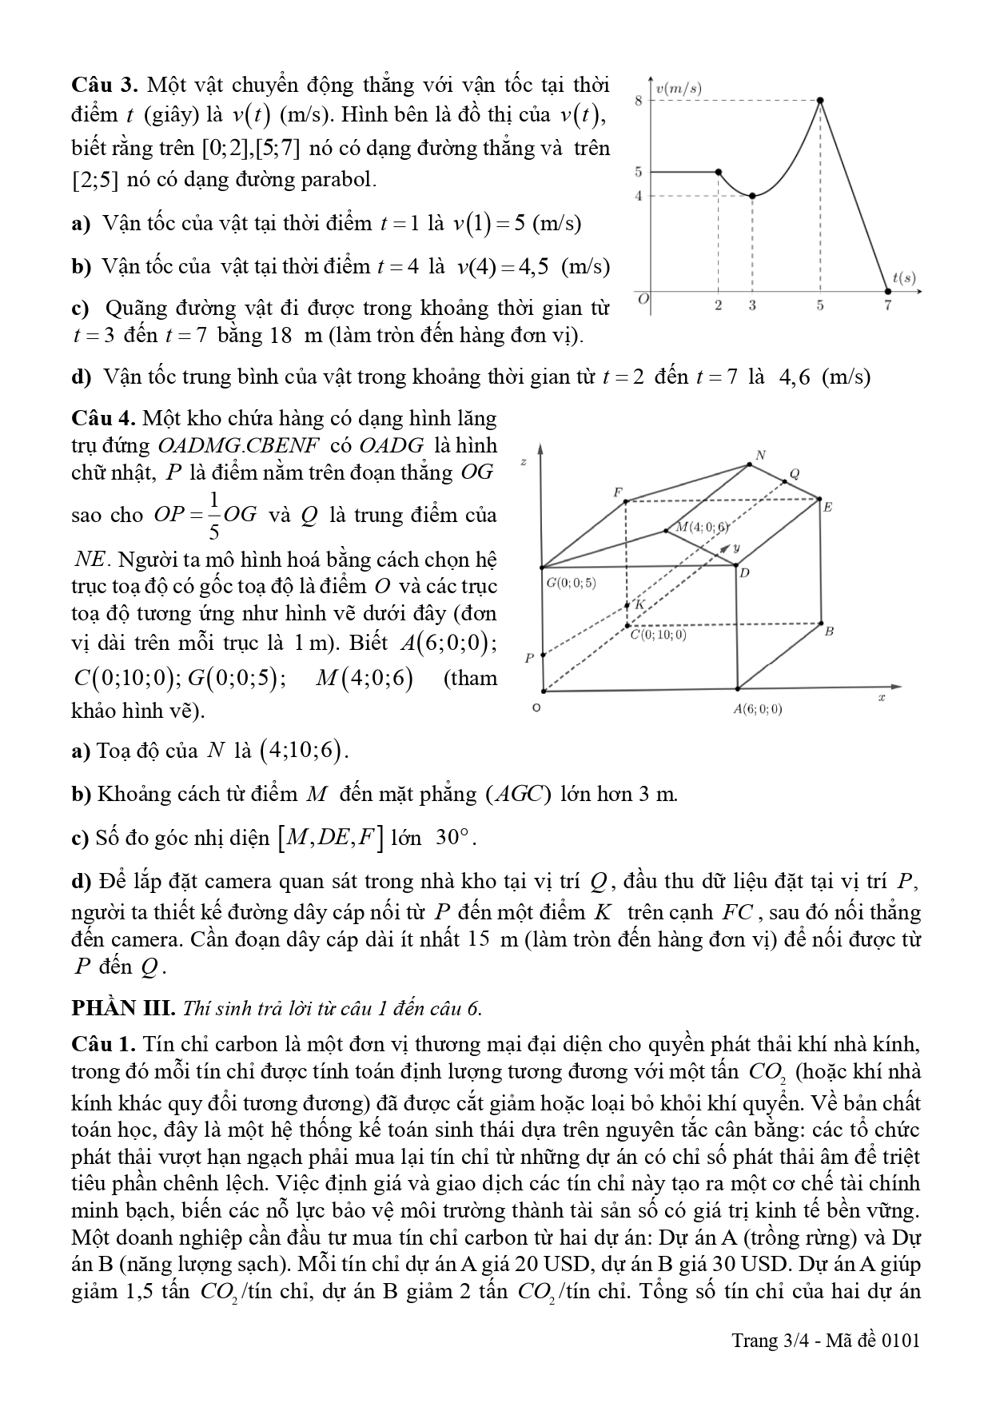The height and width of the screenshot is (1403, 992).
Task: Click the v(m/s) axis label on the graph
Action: [x=678, y=89]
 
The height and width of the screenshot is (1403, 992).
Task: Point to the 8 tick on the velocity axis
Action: [x=638, y=101]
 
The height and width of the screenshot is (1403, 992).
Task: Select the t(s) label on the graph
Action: [x=904, y=278]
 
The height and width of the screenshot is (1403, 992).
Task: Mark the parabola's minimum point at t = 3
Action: [x=752, y=195]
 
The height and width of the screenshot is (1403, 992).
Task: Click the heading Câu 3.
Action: [x=106, y=85]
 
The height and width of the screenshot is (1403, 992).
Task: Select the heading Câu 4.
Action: [x=106, y=418]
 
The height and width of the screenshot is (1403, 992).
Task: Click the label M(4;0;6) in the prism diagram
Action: [x=702, y=527]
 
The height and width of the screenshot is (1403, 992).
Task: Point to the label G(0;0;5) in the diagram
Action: [x=571, y=583]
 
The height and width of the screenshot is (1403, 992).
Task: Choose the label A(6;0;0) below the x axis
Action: [x=759, y=709]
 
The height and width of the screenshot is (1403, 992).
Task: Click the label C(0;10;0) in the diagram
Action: [x=658, y=636]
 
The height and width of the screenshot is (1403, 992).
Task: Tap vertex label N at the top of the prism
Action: [x=760, y=455]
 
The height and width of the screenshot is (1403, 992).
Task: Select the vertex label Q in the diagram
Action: [x=794, y=472]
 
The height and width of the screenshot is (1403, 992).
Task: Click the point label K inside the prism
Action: [x=639, y=605]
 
